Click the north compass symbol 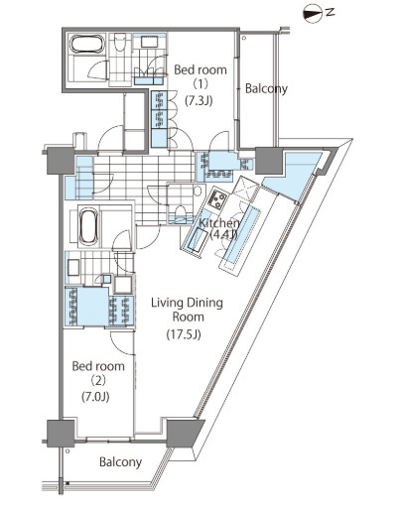click(312, 14)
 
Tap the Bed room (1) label click(200, 77)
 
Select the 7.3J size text click(199, 100)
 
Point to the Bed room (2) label click(98, 373)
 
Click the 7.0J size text click(95, 396)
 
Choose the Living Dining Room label click(187, 310)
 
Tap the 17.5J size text click(184, 334)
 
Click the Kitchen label click(219, 223)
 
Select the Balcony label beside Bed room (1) click(266, 88)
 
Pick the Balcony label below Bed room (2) click(120, 461)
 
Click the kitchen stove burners click(216, 199)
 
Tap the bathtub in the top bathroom click(87, 44)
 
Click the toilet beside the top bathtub click(120, 42)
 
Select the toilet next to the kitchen click(181, 210)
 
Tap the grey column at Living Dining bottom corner click(184, 433)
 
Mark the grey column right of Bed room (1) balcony click(268, 161)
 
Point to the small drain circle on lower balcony click(67, 450)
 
